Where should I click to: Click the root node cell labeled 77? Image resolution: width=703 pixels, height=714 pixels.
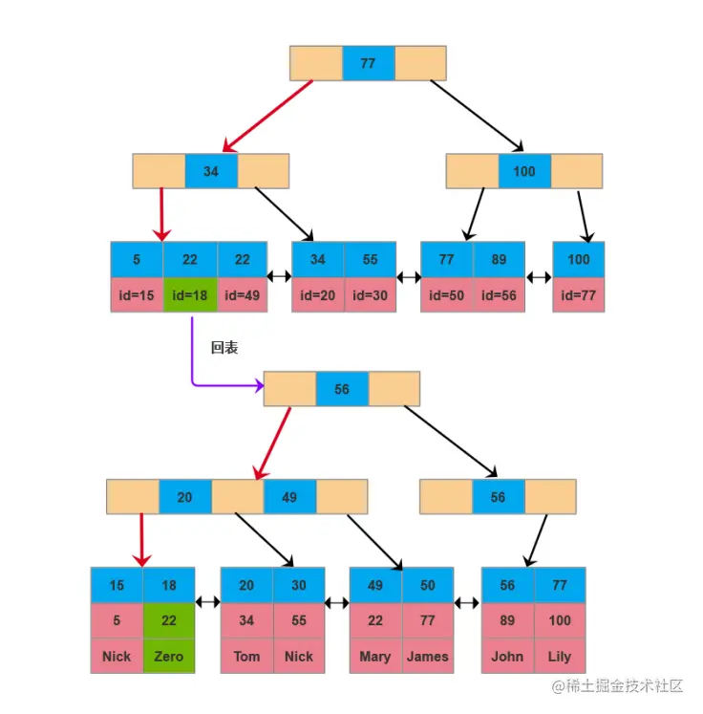[x=368, y=63]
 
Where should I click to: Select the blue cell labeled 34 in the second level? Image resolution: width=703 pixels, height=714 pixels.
[x=210, y=172]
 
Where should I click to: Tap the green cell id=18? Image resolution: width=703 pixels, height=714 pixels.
[x=189, y=295]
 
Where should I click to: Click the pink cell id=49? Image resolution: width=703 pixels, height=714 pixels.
[x=243, y=295]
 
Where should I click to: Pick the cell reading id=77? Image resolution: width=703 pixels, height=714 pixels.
[x=578, y=295]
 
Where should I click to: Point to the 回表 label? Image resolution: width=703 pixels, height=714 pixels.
[x=224, y=349]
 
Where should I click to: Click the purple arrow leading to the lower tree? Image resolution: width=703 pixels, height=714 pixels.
[x=194, y=363]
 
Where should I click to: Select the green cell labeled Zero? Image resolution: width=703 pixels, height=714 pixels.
[x=169, y=657]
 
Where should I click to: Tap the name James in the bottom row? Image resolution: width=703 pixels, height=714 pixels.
[x=427, y=657]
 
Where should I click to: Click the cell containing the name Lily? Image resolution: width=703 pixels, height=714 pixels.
[x=560, y=657]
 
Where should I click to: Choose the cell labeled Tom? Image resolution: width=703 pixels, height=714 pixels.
[x=246, y=657]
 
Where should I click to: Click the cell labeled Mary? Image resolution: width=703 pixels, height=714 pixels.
[x=375, y=657]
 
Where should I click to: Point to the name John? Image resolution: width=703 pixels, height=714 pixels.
[x=507, y=657]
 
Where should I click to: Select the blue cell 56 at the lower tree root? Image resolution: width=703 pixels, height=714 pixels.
[x=342, y=390]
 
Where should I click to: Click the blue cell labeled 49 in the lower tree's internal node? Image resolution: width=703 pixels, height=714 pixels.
[x=289, y=497]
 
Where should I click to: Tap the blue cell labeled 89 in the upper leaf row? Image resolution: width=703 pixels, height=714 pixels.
[x=499, y=259]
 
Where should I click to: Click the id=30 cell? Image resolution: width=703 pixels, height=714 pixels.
[x=370, y=295]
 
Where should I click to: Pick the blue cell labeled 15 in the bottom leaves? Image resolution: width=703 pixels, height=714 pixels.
[x=117, y=585]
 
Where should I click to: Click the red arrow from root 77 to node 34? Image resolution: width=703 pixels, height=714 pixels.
[x=269, y=116]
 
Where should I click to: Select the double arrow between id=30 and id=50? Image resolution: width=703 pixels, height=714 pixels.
[x=408, y=277]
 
